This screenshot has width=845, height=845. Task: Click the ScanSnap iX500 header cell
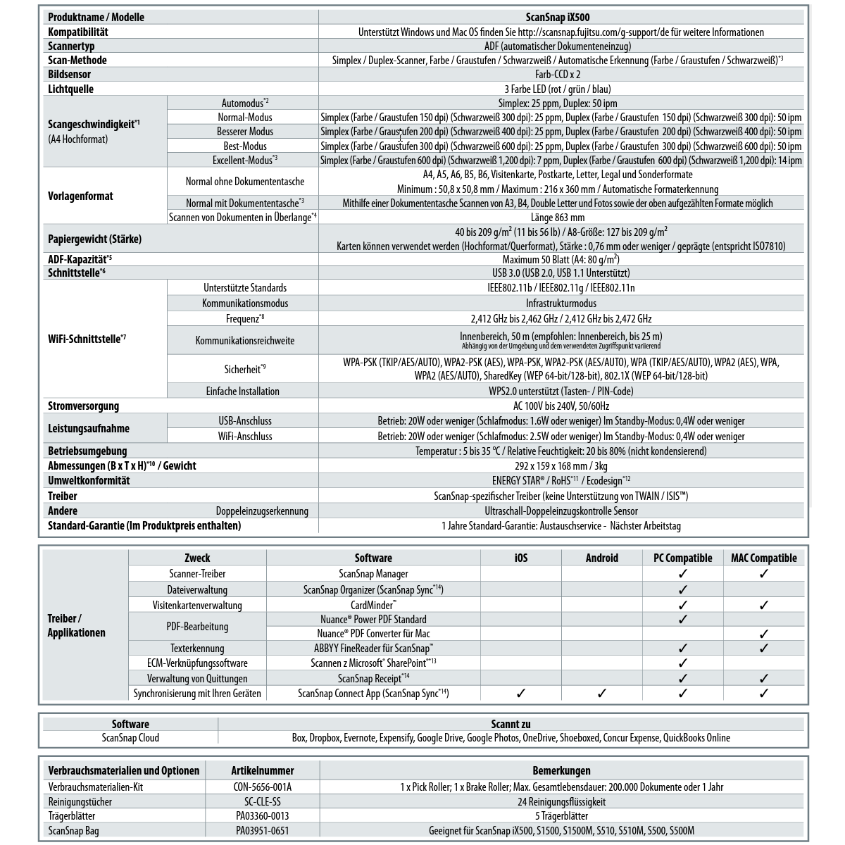point(561,17)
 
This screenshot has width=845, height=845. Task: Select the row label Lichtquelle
point(70,89)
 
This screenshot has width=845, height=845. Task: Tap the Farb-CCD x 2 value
point(561,74)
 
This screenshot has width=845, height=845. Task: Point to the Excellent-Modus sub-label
point(245,160)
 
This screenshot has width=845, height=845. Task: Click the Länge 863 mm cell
point(561,218)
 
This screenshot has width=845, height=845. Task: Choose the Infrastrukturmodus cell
point(561,303)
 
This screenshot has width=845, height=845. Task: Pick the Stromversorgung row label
point(83,406)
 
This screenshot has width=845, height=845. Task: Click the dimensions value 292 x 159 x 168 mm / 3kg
point(561,466)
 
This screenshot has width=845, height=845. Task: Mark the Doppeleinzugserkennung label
point(262,511)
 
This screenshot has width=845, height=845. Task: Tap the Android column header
point(602,558)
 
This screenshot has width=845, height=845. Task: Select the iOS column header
point(521,558)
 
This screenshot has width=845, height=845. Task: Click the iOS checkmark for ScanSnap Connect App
point(521,694)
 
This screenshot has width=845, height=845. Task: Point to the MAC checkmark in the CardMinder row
point(764,605)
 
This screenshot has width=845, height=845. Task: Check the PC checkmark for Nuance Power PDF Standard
point(682,620)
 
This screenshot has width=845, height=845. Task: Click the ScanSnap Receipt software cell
point(373,678)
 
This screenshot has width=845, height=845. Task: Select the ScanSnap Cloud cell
point(130,738)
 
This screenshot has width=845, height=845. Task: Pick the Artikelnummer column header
point(263,770)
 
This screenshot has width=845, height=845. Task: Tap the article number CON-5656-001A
point(263,787)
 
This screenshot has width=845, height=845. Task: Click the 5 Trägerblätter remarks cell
point(561,816)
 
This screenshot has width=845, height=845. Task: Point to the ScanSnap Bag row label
point(73,831)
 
